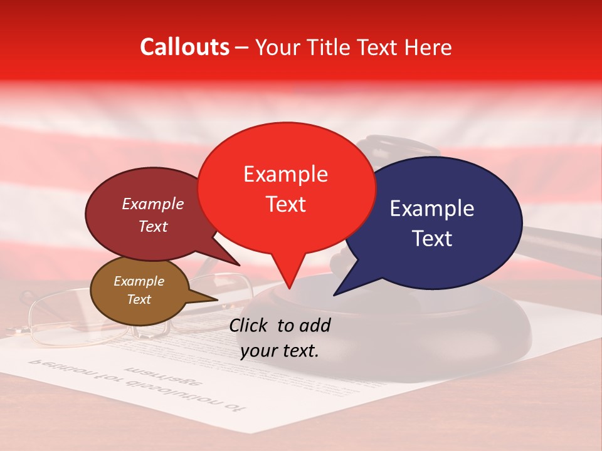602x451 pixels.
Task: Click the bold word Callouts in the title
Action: tap(184, 47)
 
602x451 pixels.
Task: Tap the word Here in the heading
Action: tap(430, 47)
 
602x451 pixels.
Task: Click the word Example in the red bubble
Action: tap(285, 174)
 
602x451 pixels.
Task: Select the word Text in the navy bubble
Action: tap(433, 238)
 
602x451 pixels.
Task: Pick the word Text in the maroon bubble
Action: tap(153, 227)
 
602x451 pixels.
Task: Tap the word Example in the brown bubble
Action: tap(139, 281)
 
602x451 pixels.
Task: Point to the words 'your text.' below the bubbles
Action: tap(279, 351)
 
